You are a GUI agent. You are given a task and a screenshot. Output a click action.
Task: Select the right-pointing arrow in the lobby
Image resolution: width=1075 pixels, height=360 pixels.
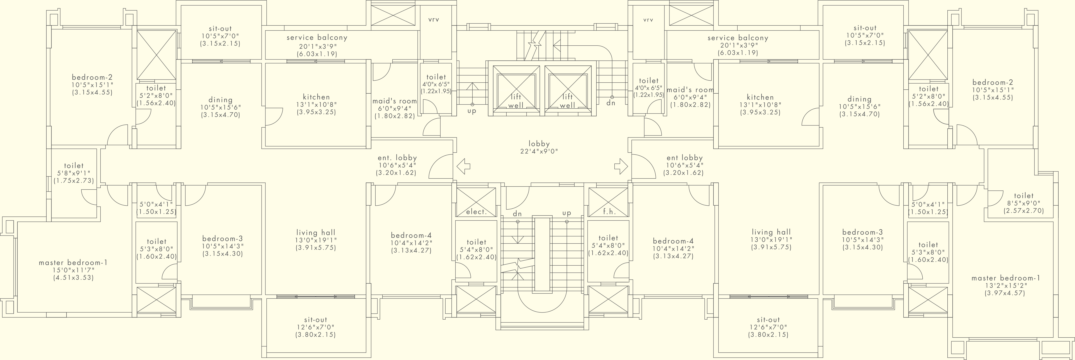(x=621, y=166)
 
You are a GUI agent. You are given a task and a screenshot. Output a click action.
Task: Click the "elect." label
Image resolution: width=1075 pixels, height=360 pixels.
(x=476, y=212)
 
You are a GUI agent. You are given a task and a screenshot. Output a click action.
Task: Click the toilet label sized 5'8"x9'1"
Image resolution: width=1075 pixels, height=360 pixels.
(x=74, y=166)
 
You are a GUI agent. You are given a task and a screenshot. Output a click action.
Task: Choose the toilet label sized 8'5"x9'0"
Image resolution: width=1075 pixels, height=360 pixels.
(x=1024, y=196)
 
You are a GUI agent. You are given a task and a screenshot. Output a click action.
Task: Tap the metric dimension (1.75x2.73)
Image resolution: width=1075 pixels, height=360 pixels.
(x=74, y=181)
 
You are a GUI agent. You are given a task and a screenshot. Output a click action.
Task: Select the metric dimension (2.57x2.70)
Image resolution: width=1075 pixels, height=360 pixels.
(x=1024, y=211)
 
